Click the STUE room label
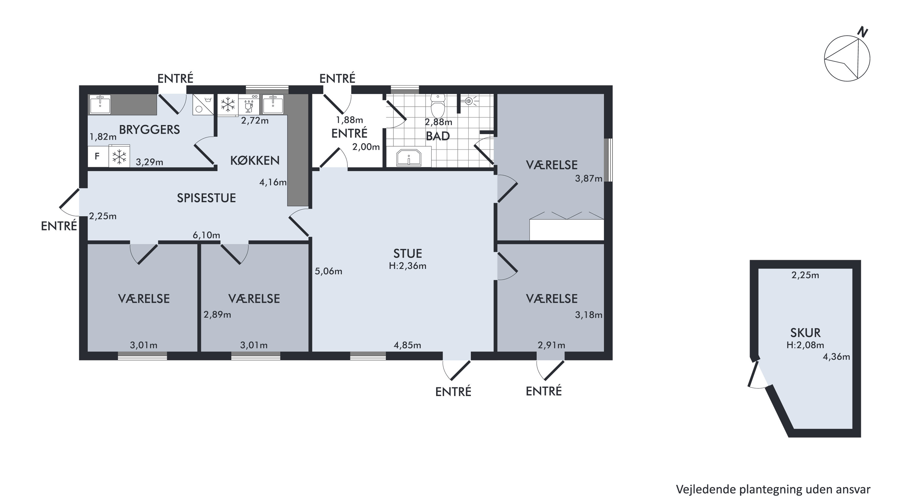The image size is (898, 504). coord(407,253)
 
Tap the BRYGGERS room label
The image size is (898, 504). coord(150,130)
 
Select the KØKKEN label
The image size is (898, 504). coord(255,160)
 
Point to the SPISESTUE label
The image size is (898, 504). coord(206,198)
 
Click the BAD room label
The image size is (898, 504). coord(438,136)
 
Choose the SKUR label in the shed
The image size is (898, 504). coord(805,333)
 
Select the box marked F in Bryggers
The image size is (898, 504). coord(97,156)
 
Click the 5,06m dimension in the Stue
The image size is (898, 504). coord(328,271)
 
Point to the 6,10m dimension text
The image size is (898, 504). coord(206,235)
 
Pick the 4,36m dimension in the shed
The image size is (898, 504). coord(836,356)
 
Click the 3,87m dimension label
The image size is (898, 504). coord(588,179)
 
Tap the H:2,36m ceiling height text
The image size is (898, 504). coord(407,266)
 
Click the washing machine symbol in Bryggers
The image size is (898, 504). coord(203,104)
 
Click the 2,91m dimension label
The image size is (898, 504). coord(551,345)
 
